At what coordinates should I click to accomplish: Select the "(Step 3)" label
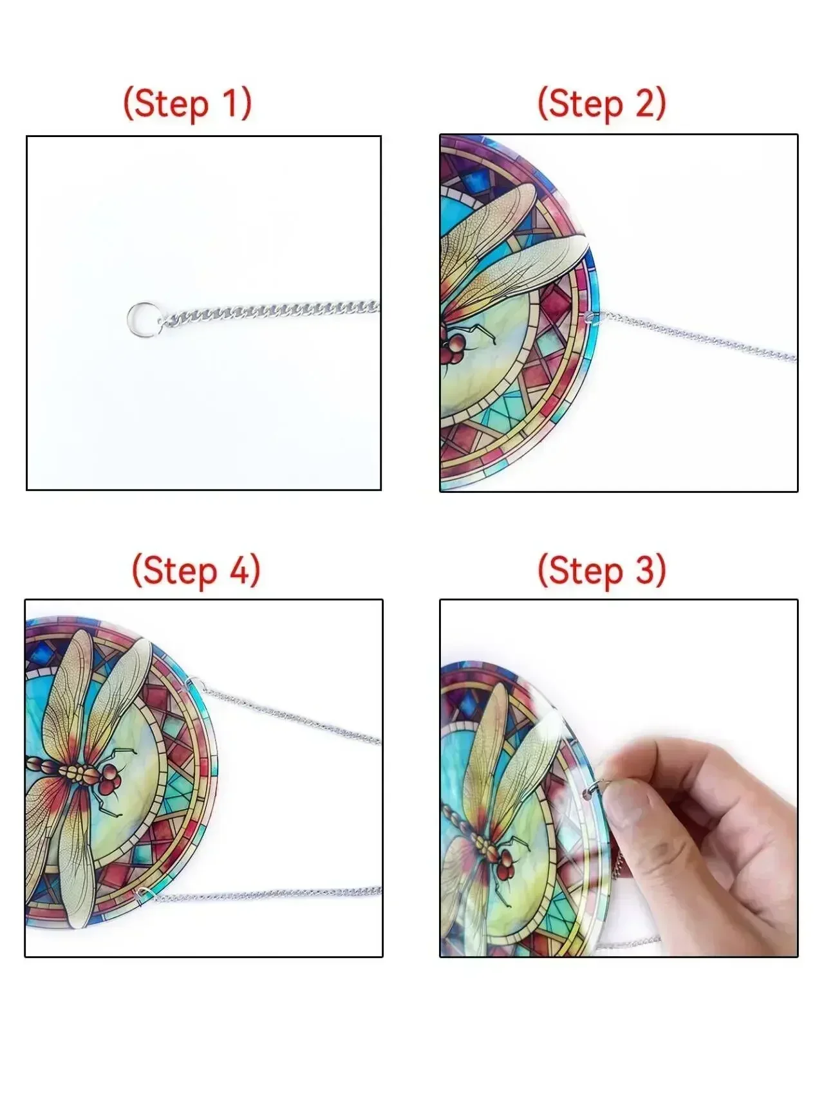coord(602,569)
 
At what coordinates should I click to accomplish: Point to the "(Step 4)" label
coord(196,569)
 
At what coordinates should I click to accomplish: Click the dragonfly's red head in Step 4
coord(108,779)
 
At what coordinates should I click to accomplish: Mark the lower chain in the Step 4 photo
coord(268,893)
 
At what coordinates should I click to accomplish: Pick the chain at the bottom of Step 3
coord(628,943)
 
